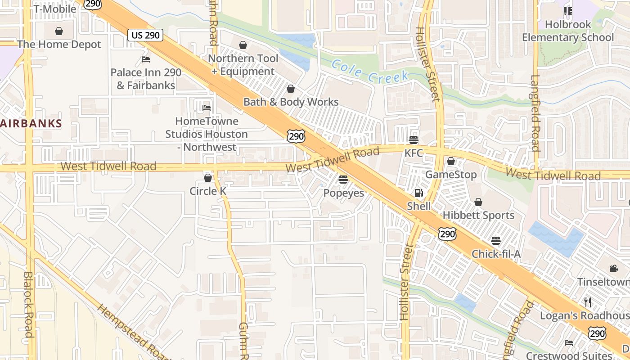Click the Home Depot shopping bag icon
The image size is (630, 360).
[59, 31]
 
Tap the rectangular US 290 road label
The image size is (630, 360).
[145, 35]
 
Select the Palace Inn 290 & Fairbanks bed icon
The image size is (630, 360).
[146, 59]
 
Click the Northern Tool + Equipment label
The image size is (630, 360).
[243, 65]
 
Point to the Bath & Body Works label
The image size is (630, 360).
[291, 102]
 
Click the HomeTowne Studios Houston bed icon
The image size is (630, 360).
[207, 108]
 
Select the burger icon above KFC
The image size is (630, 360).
[413, 139]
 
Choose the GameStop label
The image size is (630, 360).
[451, 174]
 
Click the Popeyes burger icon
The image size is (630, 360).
[343, 180]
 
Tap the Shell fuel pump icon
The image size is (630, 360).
[418, 193]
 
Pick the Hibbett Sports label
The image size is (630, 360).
[478, 215]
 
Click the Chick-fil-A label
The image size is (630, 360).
[496, 254]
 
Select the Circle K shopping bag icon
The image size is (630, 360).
[207, 178]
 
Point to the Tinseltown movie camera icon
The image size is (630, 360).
[614, 269]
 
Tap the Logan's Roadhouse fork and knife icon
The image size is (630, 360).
[588, 302]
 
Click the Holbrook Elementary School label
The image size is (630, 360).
[567, 31]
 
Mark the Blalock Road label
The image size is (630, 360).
[28, 304]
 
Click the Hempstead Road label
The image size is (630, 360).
[134, 333]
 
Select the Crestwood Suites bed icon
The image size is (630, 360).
[569, 342]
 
